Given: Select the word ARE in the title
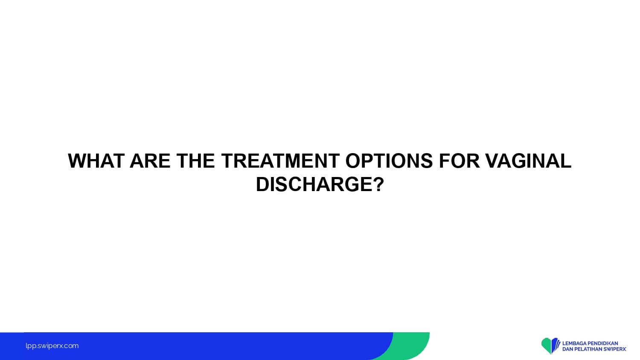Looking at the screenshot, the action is coord(150,161).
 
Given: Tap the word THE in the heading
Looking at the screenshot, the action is coord(196,161).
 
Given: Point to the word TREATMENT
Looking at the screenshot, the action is coord(280,161).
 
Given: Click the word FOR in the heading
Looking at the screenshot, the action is coord(459,161).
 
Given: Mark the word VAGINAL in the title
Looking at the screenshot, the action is coord(528,161).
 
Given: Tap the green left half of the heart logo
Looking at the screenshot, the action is coord(546,345).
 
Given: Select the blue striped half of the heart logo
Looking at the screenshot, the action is coord(556,345).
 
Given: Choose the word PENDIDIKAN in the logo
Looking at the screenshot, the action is coord(602,343).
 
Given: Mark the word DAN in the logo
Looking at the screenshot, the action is coord(567,349).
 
